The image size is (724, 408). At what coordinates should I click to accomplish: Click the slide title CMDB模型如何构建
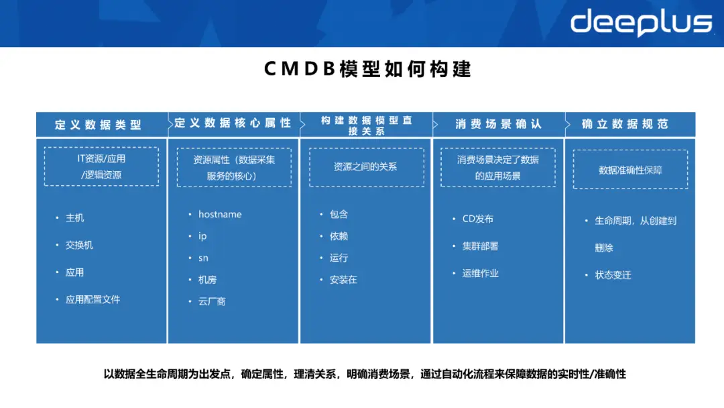click(x=367, y=69)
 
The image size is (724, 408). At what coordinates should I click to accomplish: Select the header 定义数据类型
click(x=99, y=125)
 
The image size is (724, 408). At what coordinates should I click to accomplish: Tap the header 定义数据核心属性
click(x=233, y=123)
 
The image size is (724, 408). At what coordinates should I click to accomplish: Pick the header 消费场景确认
click(x=498, y=124)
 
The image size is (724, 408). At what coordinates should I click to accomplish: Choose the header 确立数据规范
click(x=625, y=124)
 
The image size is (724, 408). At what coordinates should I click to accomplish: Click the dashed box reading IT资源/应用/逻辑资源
click(x=101, y=166)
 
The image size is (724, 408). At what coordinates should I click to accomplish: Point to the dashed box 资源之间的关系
click(x=366, y=166)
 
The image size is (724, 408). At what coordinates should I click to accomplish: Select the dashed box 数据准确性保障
click(x=630, y=170)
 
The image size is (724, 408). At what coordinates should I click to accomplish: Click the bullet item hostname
click(x=220, y=215)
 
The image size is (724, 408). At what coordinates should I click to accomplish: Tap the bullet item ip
click(x=202, y=236)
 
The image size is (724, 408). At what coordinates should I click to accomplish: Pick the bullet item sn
click(x=203, y=258)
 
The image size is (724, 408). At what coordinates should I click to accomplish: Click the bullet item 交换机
click(x=79, y=246)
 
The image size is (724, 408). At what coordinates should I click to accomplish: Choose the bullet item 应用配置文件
click(x=93, y=300)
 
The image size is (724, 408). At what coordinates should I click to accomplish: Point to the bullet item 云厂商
click(x=212, y=301)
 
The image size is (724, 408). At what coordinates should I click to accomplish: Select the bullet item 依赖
click(x=339, y=236)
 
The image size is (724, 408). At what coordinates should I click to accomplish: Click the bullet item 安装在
click(x=343, y=280)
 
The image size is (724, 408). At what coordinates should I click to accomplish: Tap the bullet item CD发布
click(x=477, y=219)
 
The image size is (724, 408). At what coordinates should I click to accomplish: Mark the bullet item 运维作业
click(x=480, y=274)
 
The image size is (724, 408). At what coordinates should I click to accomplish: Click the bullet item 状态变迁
click(x=613, y=275)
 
